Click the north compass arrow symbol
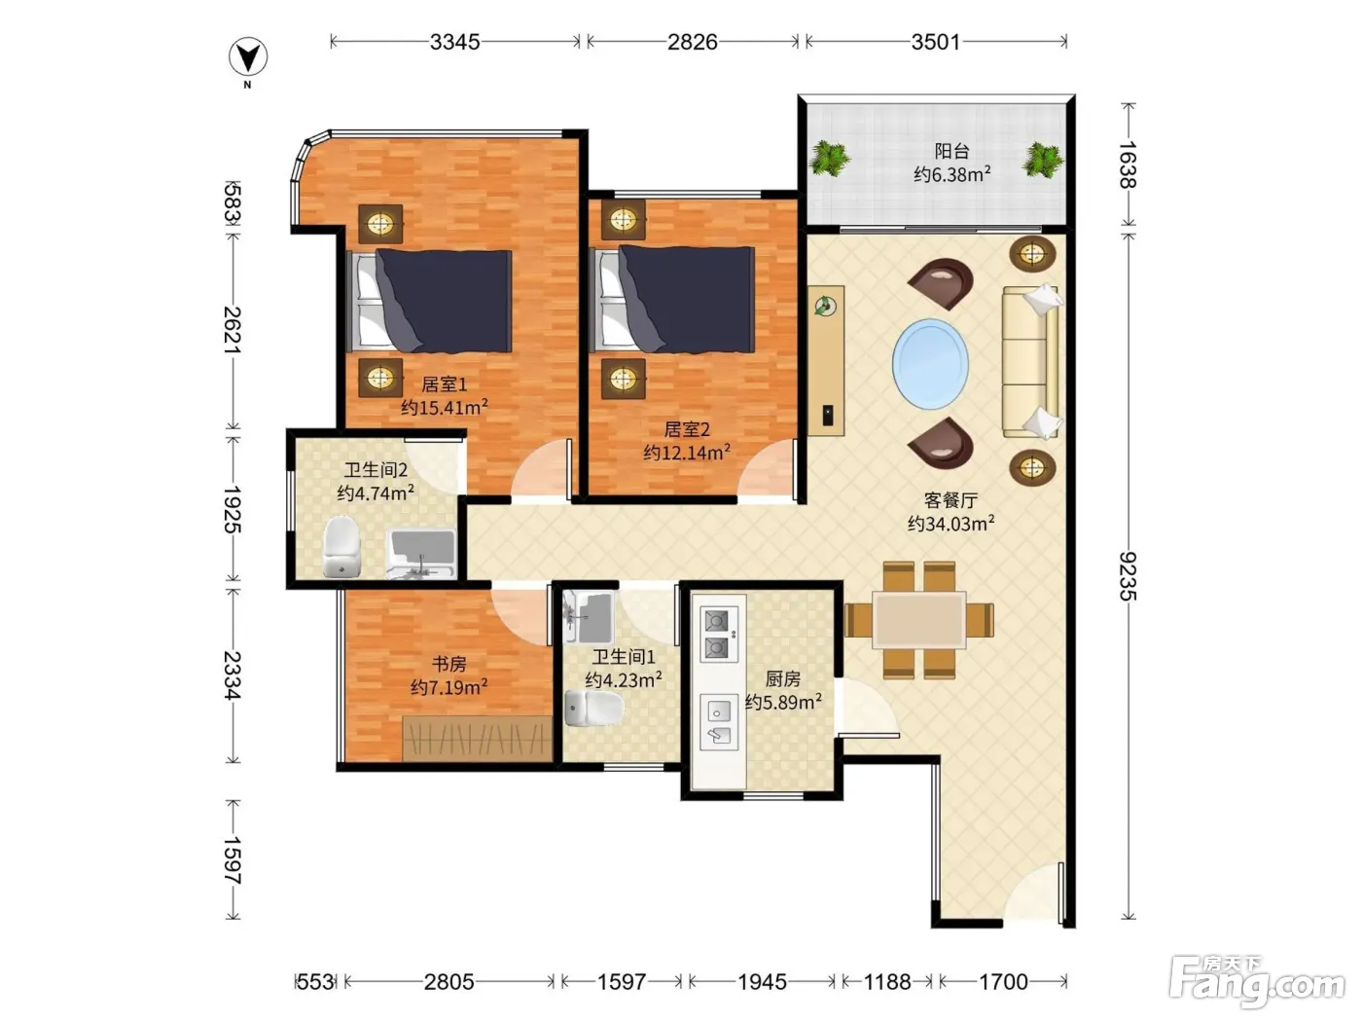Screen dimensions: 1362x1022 pos(248,57)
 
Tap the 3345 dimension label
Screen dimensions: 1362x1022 pos(455,42)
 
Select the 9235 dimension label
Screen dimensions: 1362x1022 pos(1128,576)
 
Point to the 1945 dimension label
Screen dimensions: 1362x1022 pos(762,982)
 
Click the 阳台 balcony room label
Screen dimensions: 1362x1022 pos(951,151)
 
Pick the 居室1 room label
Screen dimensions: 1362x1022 pos(444,384)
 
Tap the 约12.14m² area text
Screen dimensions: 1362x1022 pos(687,453)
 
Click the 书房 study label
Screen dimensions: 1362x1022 pos(448,664)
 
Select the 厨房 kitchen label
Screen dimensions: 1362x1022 pos(782,679)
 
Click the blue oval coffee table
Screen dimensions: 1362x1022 pos(930,364)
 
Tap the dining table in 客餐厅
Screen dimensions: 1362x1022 pos(919,620)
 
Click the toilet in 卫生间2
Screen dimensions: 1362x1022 pos(341,547)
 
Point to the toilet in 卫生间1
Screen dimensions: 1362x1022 pos(593,709)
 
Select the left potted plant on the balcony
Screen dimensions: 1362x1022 pos(829,158)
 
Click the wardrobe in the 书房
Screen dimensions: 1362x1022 pos(477,739)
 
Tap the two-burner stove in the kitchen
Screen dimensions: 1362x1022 pos(719,635)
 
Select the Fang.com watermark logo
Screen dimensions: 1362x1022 pos(1257,983)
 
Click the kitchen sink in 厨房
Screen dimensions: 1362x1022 pos(719,722)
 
